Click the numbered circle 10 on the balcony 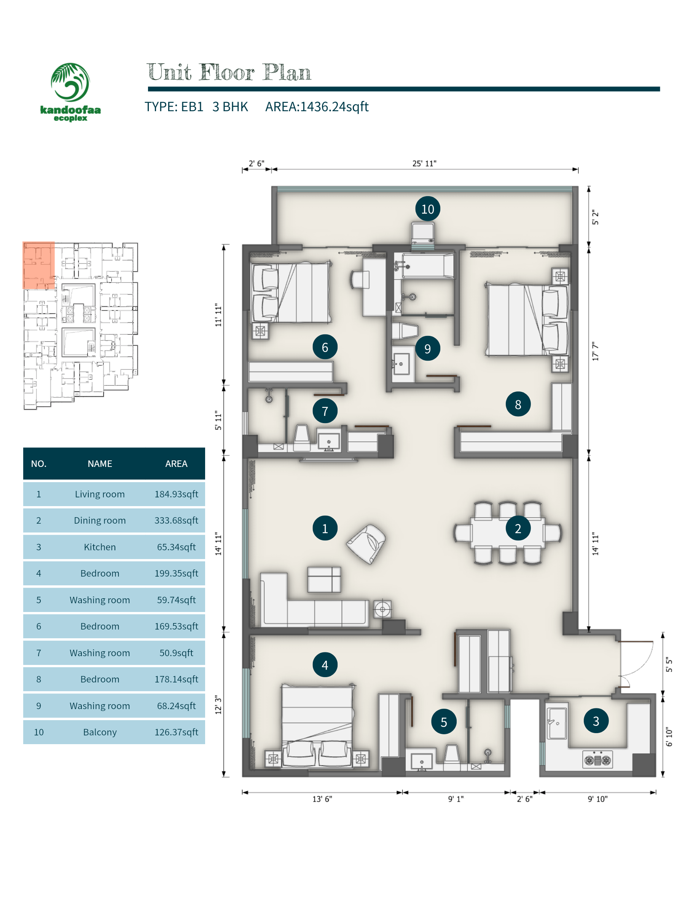(x=427, y=209)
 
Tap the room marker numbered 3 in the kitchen (x=596, y=721)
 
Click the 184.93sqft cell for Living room (x=176, y=494)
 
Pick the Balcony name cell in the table (x=100, y=732)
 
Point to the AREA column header (x=176, y=463)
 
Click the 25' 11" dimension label (x=424, y=163)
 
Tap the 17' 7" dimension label (x=595, y=351)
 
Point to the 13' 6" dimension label (x=322, y=799)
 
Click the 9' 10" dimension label (x=597, y=799)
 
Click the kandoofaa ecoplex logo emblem (x=70, y=82)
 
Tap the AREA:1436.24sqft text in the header (x=317, y=107)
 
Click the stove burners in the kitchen (x=597, y=759)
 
